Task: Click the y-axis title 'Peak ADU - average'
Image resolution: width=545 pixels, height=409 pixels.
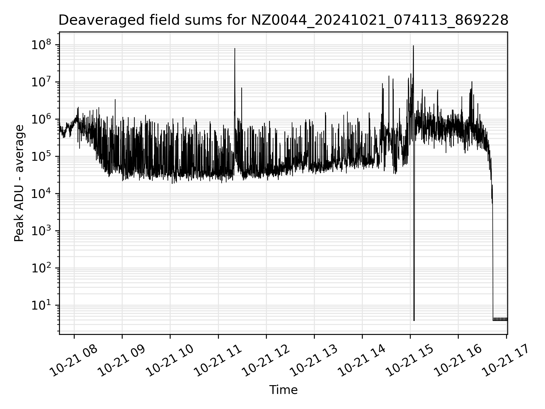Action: pos(19,183)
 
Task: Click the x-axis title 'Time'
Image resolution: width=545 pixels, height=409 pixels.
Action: pos(283,390)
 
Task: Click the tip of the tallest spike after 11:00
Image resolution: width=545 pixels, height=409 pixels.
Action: pos(235,49)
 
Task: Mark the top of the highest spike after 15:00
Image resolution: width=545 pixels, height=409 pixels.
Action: pos(413,46)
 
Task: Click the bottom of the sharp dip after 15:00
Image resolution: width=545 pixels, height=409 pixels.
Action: pos(414,320)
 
